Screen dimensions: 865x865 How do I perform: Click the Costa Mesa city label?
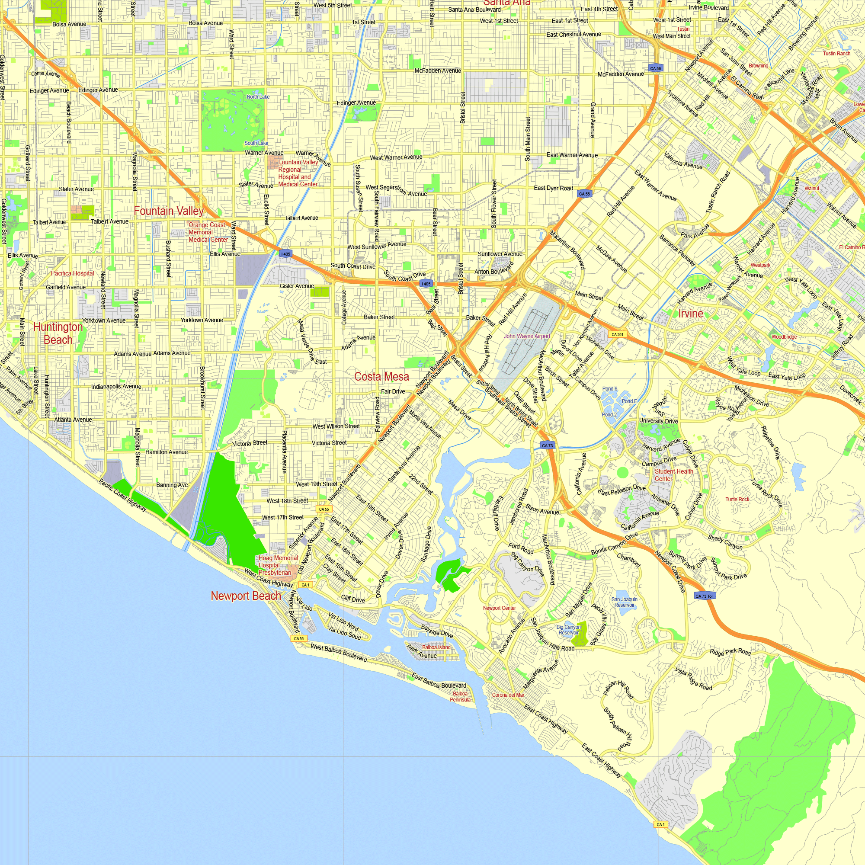381,377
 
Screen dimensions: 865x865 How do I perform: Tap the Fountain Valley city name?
169,211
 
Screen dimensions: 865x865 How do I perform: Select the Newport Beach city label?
246,596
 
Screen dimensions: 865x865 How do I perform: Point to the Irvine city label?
690,314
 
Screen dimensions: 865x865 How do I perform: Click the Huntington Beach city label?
58,333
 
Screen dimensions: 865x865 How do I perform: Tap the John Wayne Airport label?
527,336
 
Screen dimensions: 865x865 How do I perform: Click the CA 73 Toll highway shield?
704,596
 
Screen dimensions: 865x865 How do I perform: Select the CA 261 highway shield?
617,334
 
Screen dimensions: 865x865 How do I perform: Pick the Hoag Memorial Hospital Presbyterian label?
278,565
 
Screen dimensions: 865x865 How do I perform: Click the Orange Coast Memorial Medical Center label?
208,232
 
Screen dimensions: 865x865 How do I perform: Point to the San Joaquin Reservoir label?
624,602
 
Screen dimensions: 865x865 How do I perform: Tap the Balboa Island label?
436,647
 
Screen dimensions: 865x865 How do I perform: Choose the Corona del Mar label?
508,695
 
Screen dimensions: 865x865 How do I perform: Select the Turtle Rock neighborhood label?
737,499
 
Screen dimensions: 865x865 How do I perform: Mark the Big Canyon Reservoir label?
569,630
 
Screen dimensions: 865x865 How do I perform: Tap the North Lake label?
258,97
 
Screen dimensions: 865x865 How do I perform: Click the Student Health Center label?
673,475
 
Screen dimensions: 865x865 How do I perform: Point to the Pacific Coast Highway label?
123,495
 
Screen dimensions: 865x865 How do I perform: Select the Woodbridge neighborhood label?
784,336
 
